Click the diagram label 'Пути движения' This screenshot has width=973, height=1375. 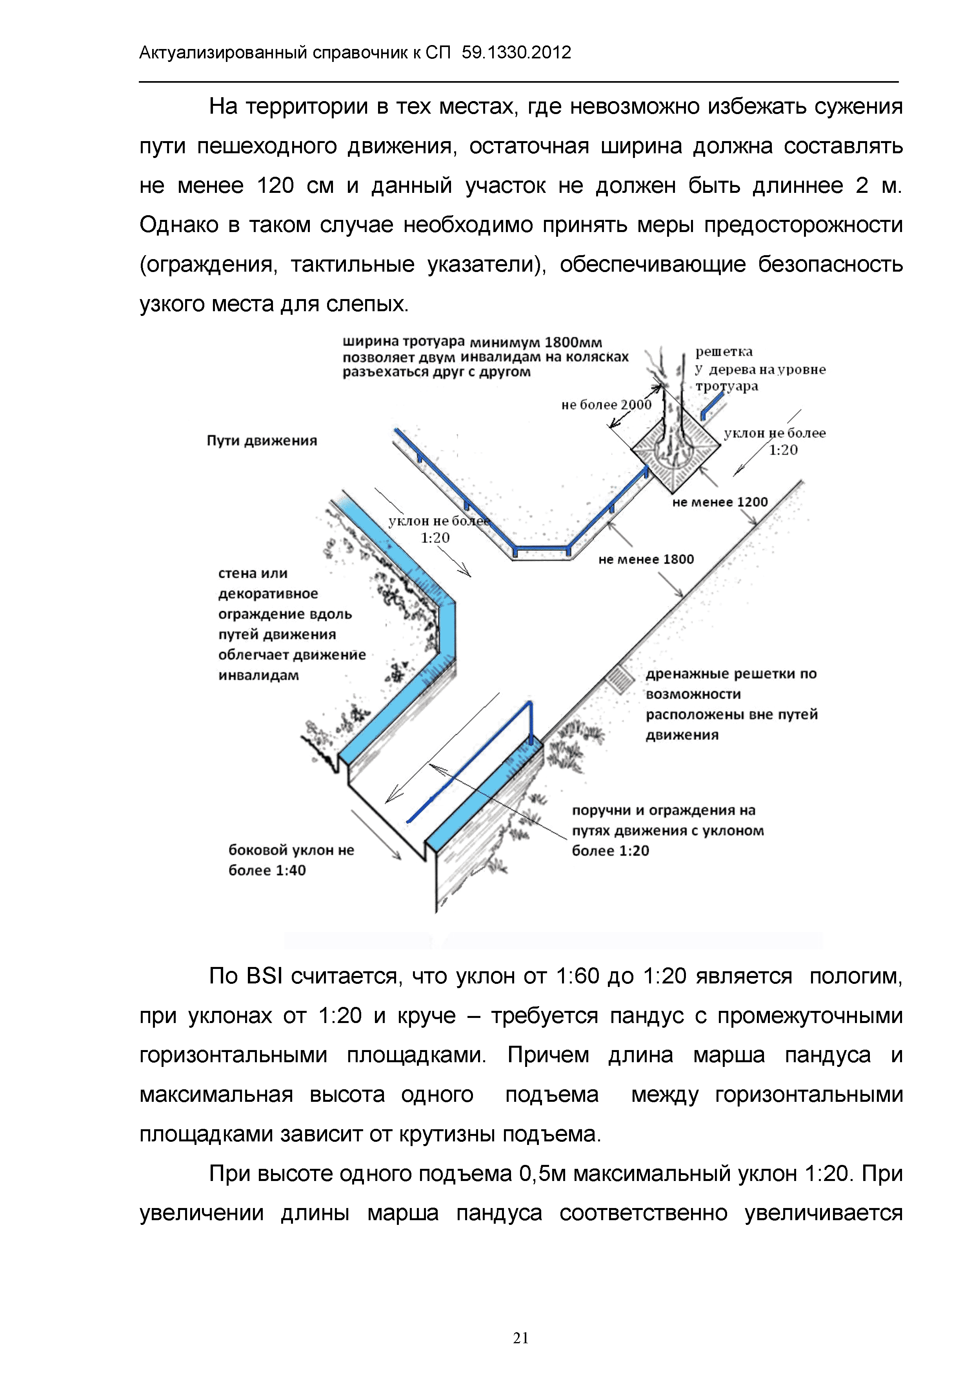tap(262, 441)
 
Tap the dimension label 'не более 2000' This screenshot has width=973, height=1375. tap(606, 405)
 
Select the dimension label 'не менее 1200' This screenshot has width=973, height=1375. tap(720, 502)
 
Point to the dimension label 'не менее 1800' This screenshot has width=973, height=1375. tap(646, 559)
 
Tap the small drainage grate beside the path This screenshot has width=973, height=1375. tap(618, 678)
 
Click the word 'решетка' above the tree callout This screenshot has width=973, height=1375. tap(724, 352)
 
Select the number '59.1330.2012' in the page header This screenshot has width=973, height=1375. tap(517, 53)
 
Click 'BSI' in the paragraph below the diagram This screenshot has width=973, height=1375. tap(264, 977)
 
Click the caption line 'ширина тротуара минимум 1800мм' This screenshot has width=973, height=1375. tap(472, 342)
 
